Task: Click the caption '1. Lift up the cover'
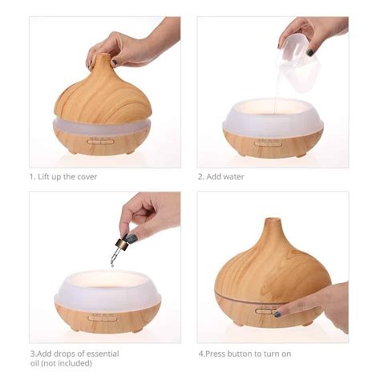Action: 63,176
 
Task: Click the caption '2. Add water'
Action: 220,176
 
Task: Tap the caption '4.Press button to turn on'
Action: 245,353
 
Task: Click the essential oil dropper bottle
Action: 129,238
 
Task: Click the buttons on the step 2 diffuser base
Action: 268,143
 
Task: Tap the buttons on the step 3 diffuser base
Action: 102,317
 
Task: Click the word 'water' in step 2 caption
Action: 233,176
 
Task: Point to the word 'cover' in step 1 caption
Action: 86,176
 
